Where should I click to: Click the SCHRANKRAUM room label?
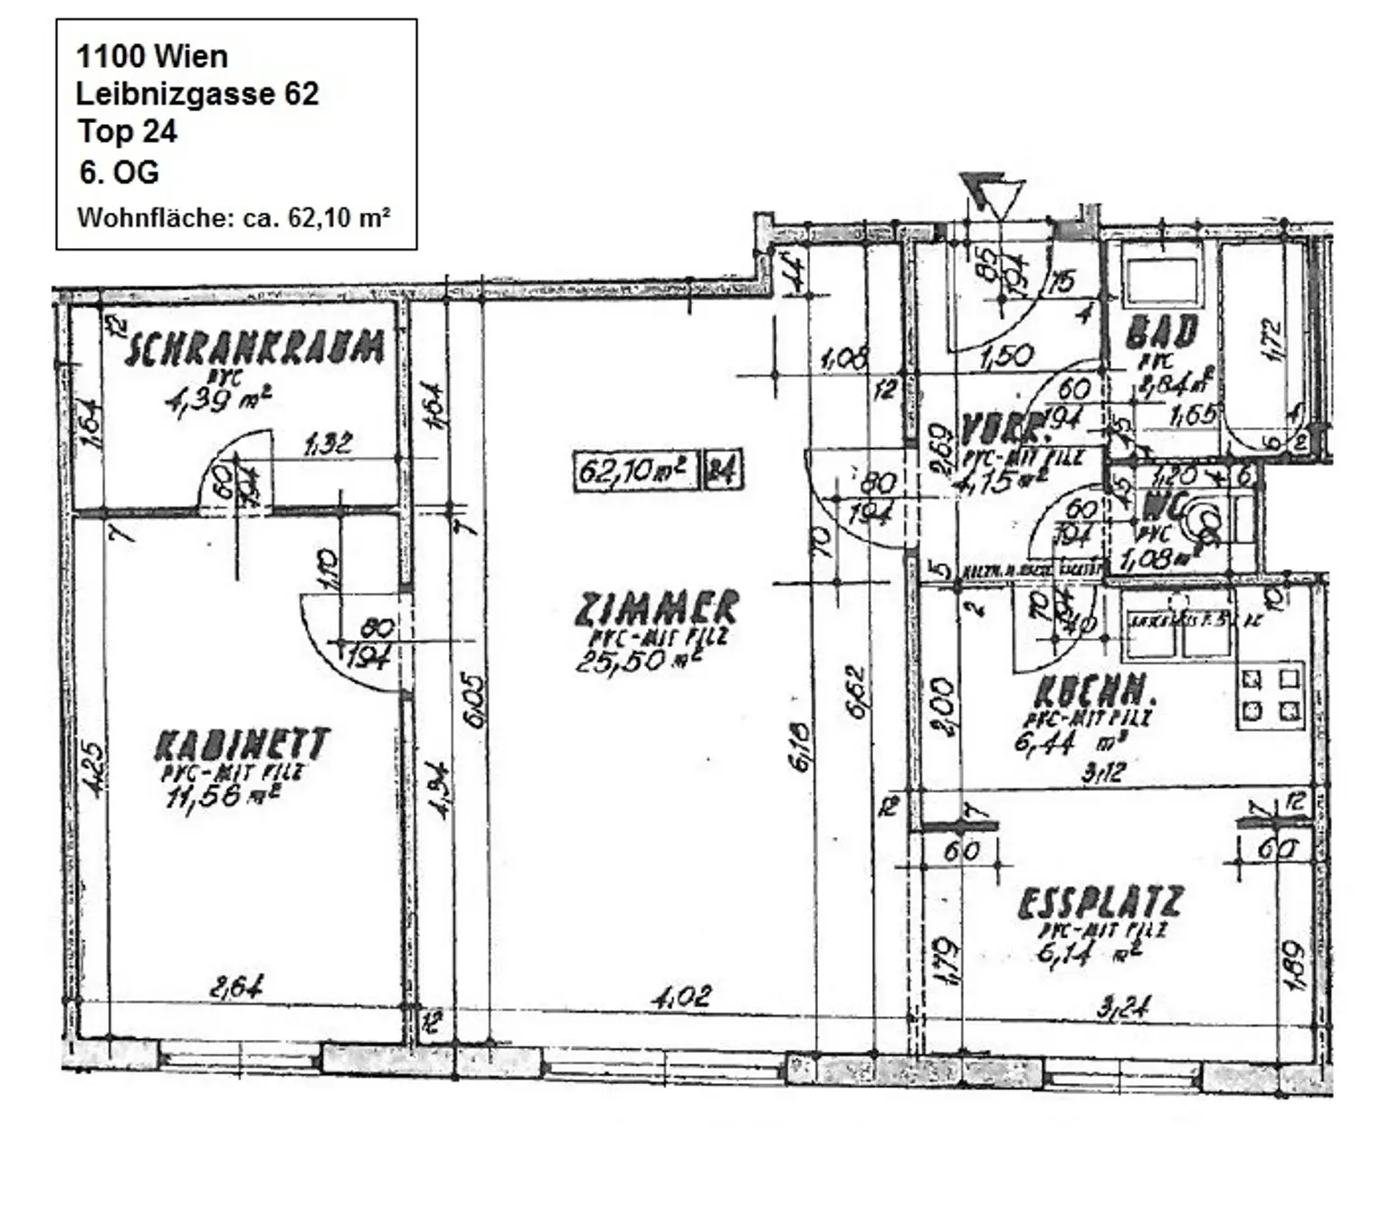click(x=254, y=348)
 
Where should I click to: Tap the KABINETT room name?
click(x=242, y=745)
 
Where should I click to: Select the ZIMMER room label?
click(x=658, y=607)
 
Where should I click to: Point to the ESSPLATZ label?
click(x=1100, y=902)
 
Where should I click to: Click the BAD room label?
click(x=1162, y=332)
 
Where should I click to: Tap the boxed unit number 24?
click(x=721, y=471)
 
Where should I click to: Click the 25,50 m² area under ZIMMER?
click(x=637, y=660)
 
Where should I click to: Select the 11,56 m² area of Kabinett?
click(x=222, y=796)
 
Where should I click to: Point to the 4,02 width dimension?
click(x=681, y=996)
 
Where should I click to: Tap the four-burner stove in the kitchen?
click(x=1271, y=694)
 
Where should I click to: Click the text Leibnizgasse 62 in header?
click(x=197, y=93)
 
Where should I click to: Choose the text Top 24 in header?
click(x=127, y=131)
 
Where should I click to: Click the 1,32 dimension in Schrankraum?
click(x=328, y=443)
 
